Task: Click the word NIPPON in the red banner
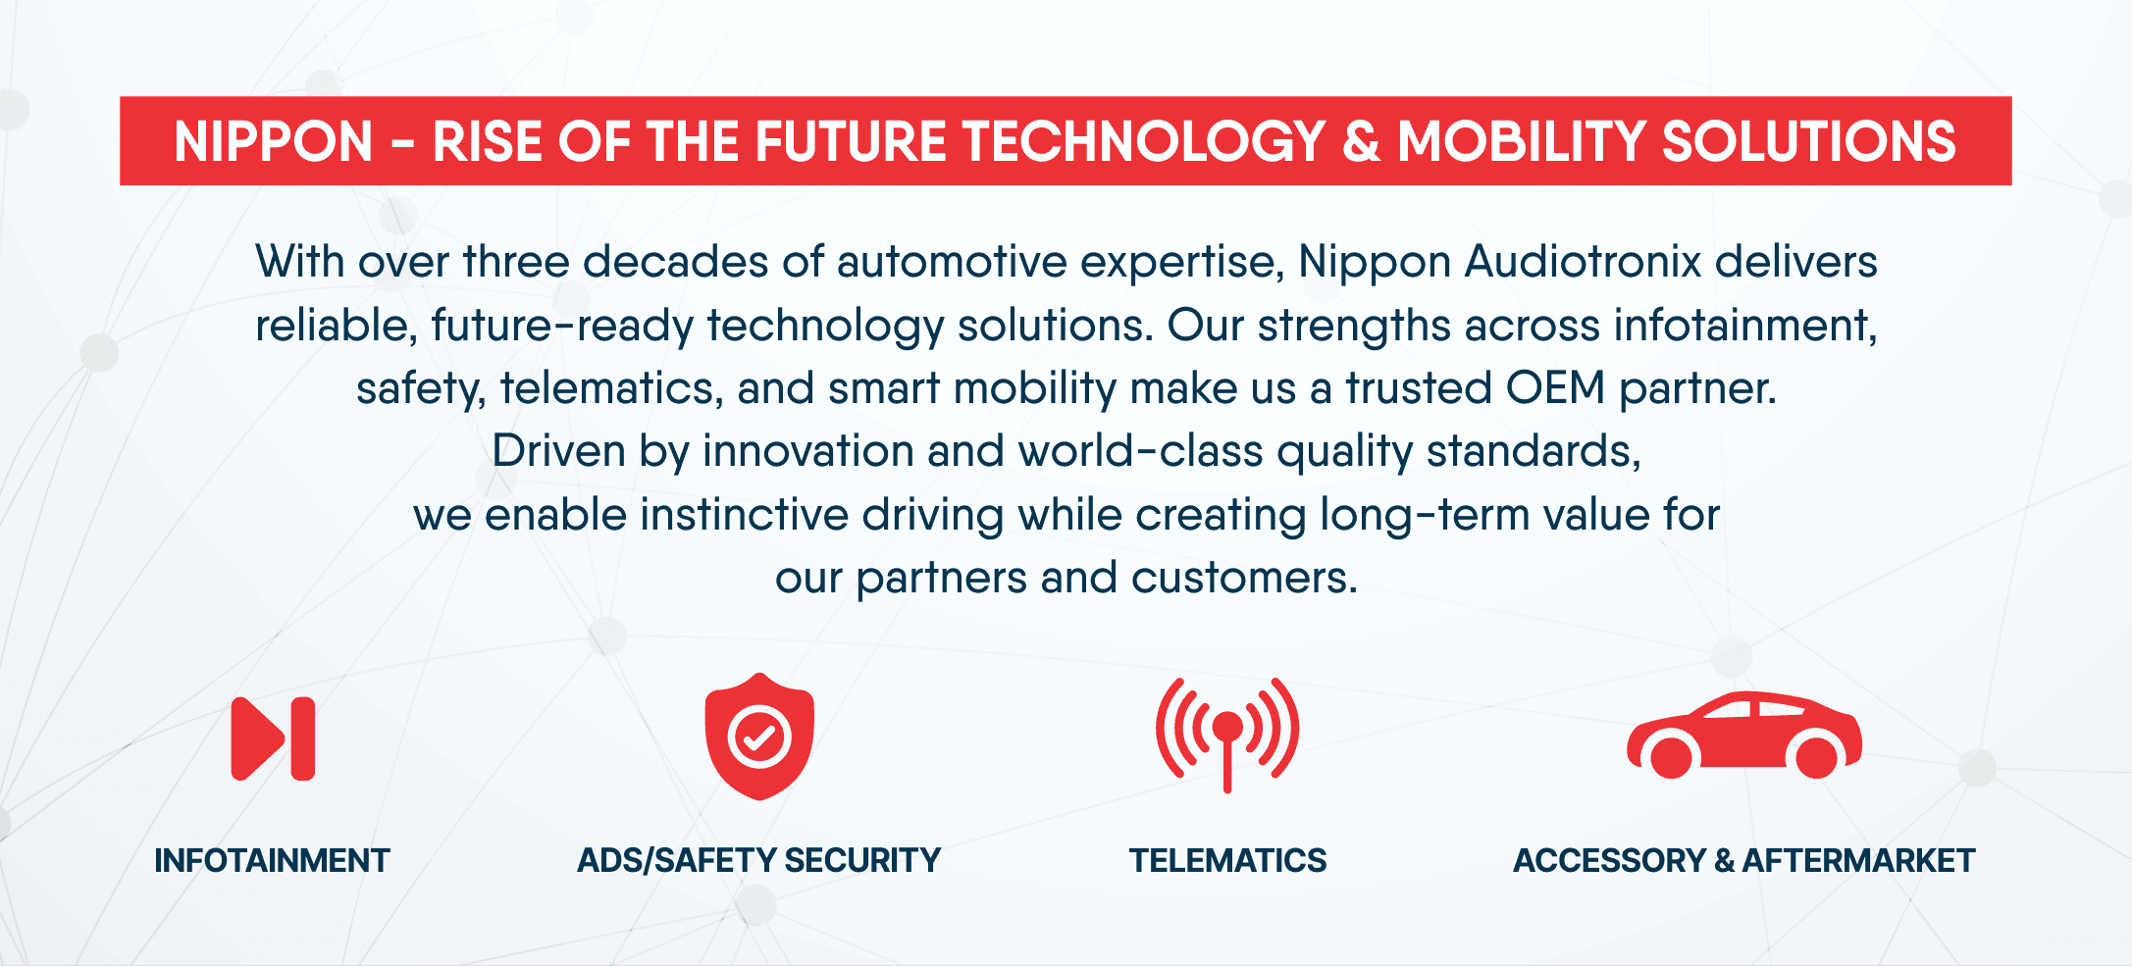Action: coord(274,141)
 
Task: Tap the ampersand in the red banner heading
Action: coord(1361,141)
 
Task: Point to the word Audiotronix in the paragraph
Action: coord(1583,262)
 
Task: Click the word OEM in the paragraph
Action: coord(1555,388)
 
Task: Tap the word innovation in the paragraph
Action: coord(807,451)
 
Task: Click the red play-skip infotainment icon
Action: coord(273,738)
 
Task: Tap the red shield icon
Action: coord(759,737)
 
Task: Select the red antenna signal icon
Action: coord(1227,734)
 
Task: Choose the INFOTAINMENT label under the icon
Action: coord(272,861)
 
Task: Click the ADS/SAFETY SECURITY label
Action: coord(758,861)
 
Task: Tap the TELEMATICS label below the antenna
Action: coord(1227,861)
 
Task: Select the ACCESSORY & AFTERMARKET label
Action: coord(1743,861)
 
